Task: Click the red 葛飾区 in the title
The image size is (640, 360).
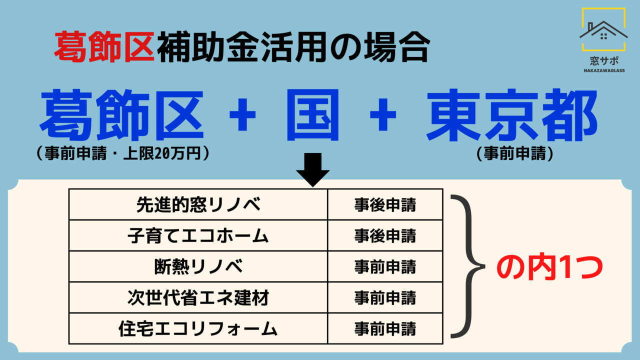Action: [104, 47]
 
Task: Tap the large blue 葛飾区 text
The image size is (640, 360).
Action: [121, 115]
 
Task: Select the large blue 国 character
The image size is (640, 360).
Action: [313, 115]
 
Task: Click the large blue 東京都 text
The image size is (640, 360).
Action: [511, 115]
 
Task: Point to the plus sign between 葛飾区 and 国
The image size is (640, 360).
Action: [242, 114]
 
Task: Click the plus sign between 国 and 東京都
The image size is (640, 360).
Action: [383, 114]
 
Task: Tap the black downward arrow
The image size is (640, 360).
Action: [313, 170]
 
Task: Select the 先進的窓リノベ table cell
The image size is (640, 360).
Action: [198, 204]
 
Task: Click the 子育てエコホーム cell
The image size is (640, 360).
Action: [198, 235]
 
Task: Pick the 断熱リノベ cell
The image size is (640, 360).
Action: [198, 266]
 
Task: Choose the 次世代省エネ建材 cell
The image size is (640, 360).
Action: [198, 297]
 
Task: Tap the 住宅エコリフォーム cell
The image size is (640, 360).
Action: [198, 328]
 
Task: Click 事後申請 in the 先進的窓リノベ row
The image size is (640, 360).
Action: [385, 205]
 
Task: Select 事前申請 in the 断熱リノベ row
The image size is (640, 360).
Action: [385, 267]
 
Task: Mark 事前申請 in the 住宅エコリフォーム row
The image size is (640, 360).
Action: [385, 329]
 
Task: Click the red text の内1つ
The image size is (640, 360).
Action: [549, 267]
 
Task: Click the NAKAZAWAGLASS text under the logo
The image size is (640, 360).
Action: [604, 70]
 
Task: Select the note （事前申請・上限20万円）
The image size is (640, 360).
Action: [123, 153]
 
